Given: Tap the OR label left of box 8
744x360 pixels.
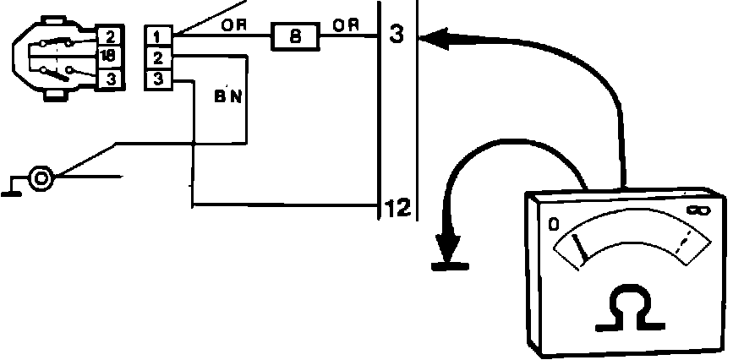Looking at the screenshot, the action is tap(233, 25).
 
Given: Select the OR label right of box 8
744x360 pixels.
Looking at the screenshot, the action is tap(345, 25).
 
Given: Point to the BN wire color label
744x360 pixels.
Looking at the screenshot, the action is tap(228, 96).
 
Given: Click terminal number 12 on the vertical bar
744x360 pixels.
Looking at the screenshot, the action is tap(397, 207).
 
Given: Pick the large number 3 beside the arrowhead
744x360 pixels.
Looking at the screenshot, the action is tap(398, 35).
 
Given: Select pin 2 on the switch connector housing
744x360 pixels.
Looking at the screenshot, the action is tap(110, 36).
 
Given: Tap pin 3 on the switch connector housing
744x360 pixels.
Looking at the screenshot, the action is tap(110, 79).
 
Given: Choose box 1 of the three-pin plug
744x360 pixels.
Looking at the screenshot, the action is tap(159, 36).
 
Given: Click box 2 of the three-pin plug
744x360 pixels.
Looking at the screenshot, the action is tap(159, 57).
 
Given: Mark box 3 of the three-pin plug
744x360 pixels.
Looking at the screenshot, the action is tap(159, 79).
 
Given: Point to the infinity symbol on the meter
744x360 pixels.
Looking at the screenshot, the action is tap(698, 209).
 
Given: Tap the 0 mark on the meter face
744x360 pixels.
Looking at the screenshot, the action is tap(554, 224).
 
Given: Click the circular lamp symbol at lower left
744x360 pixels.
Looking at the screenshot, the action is tap(41, 178).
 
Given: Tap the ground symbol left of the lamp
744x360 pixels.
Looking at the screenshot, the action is tap(12, 188).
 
